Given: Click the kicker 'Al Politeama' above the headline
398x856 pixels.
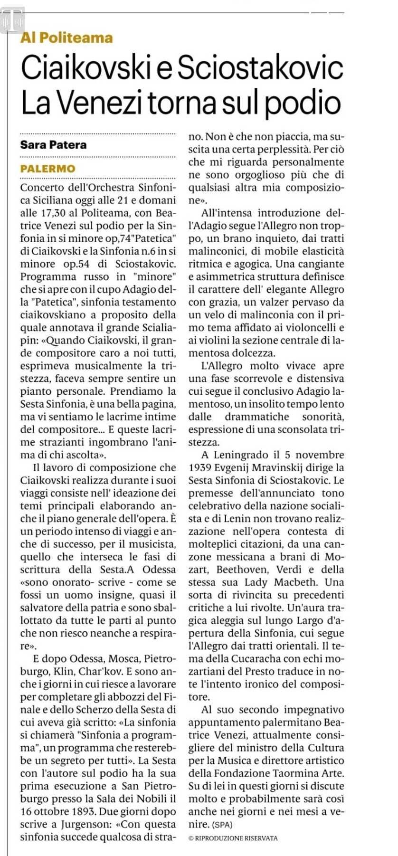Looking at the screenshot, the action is point(66,38).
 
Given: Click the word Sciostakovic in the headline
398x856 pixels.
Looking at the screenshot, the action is point(260,68).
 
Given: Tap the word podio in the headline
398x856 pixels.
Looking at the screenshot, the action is point(303,103).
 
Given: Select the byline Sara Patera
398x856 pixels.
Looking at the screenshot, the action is point(53,145).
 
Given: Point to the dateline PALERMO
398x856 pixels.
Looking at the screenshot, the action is point(47,169).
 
